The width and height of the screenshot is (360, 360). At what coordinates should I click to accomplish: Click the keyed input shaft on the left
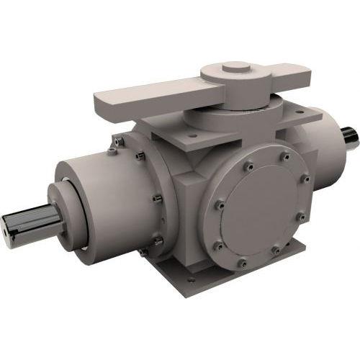(x=29, y=225)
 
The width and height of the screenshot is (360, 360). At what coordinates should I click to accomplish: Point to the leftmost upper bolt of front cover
(x=223, y=172)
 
